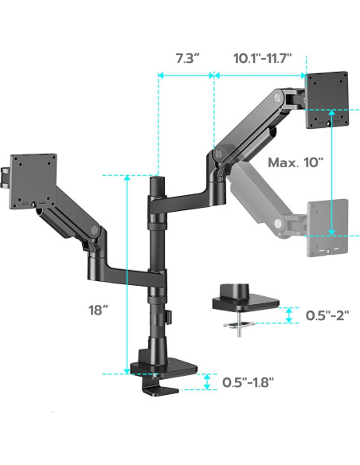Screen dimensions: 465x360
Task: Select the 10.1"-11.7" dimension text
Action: click(262, 58)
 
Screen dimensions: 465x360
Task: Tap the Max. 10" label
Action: click(295, 162)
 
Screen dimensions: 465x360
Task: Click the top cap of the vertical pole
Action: click(158, 183)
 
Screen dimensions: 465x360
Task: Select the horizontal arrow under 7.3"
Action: click(186, 76)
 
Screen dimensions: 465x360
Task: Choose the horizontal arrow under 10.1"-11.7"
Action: click(260, 76)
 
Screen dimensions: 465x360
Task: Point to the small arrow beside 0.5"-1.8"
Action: click(207, 381)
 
